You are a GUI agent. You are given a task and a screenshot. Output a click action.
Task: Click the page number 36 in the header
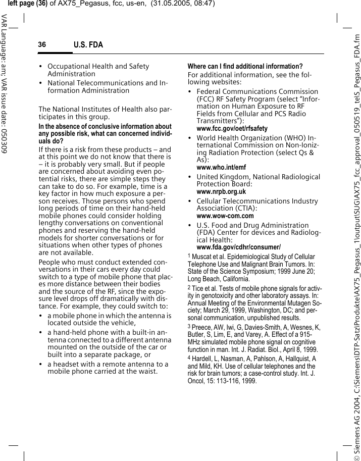(x=42, y=45)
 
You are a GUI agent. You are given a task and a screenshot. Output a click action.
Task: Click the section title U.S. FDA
(x=88, y=45)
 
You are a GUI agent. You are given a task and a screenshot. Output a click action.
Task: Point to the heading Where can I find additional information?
(x=245, y=67)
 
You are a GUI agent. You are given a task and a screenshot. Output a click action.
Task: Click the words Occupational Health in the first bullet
(x=81, y=67)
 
